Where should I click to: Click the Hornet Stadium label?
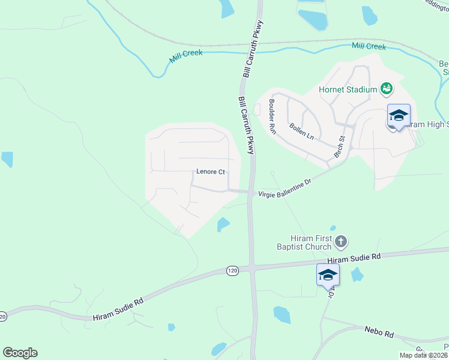point(348,90)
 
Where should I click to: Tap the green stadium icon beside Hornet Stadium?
point(387,89)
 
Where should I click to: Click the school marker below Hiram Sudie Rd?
point(328,275)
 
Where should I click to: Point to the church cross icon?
point(341,242)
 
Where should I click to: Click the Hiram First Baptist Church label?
point(311,242)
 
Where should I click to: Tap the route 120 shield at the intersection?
point(232,271)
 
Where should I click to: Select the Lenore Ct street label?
point(210,172)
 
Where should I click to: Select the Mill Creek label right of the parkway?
point(369,46)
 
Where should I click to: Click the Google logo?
point(20,353)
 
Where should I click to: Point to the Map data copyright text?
point(423,355)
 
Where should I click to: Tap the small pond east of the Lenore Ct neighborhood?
point(223,224)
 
